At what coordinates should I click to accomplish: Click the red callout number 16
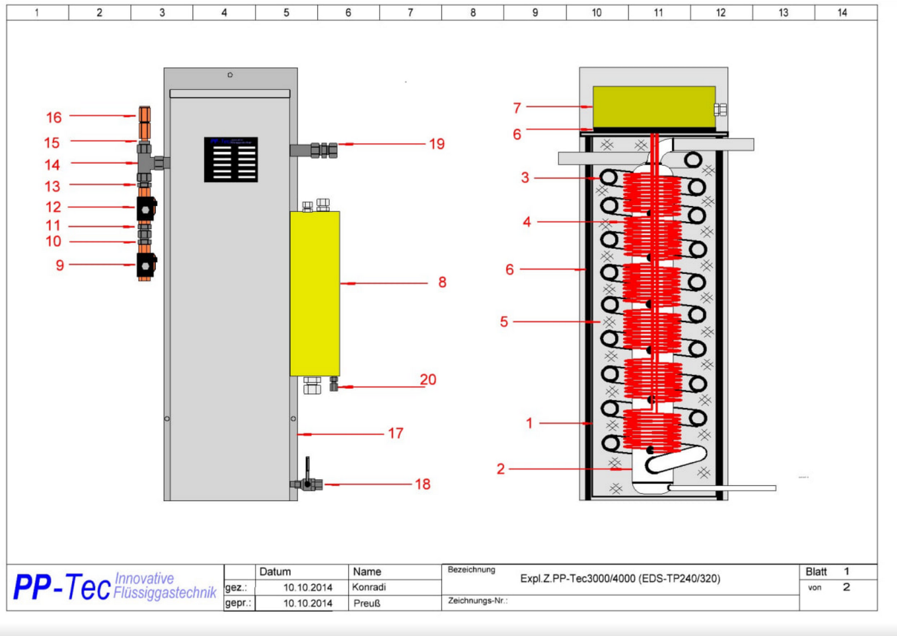pyautogui.click(x=54, y=117)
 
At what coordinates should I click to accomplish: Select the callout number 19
pyautogui.click(x=437, y=144)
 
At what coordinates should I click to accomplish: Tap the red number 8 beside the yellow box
pyautogui.click(x=442, y=283)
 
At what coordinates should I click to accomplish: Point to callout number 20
pyautogui.click(x=428, y=380)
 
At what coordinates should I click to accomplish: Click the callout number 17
pyautogui.click(x=396, y=433)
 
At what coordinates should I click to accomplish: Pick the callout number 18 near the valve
pyautogui.click(x=423, y=484)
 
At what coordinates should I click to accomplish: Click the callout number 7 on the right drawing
pyautogui.click(x=517, y=108)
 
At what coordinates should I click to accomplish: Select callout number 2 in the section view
pyautogui.click(x=500, y=469)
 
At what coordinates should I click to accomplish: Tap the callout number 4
pyautogui.click(x=527, y=222)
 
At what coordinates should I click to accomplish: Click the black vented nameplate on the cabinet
pyautogui.click(x=231, y=160)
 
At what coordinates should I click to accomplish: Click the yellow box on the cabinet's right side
pyautogui.click(x=315, y=293)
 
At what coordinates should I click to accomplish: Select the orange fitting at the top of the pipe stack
pyautogui.click(x=144, y=122)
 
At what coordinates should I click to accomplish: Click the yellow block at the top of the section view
pyautogui.click(x=654, y=107)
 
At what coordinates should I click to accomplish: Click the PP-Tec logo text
pyautogui.click(x=62, y=587)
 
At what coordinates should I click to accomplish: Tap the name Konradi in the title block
pyautogui.click(x=369, y=587)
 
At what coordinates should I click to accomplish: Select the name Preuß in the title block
pyautogui.click(x=367, y=603)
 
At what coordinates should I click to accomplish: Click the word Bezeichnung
pyautogui.click(x=471, y=569)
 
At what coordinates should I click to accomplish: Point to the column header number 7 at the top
pyautogui.click(x=410, y=12)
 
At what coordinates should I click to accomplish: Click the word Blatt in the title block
pyautogui.click(x=816, y=572)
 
